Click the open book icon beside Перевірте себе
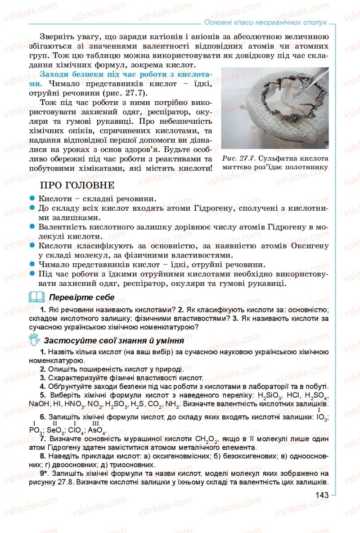[x=36, y=297]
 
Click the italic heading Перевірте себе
[x=81, y=298]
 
